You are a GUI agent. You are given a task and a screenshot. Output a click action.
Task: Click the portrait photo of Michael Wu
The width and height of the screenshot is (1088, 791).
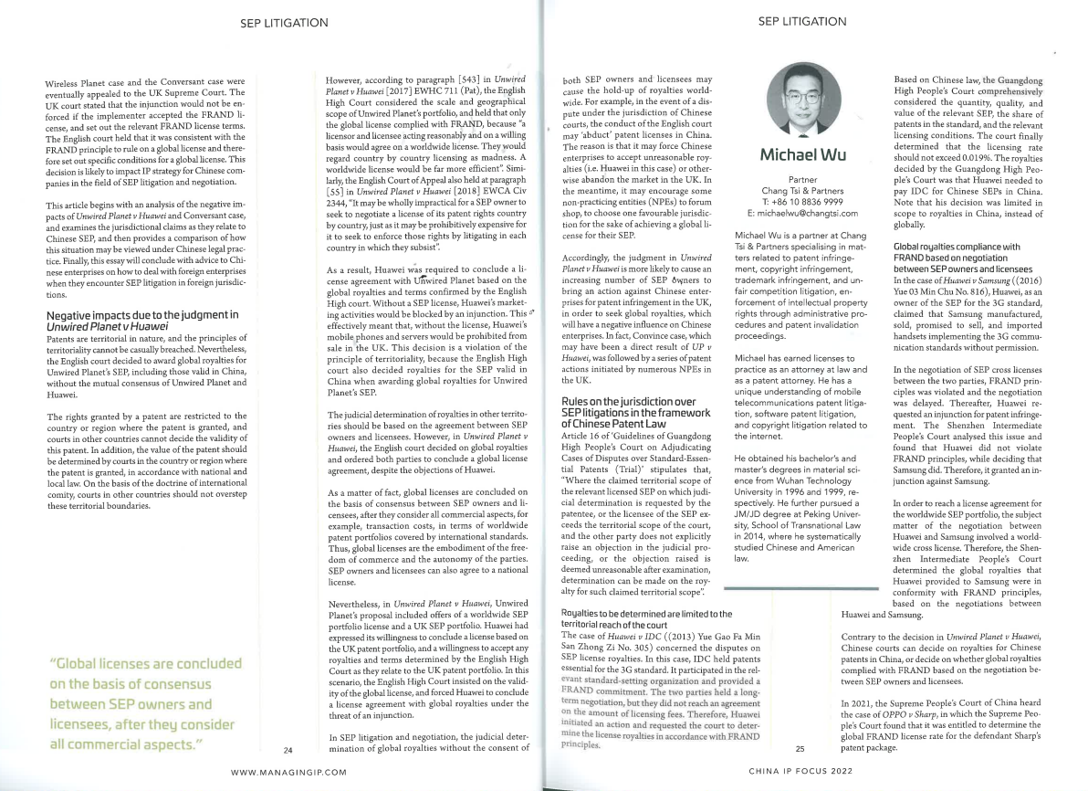click(803, 98)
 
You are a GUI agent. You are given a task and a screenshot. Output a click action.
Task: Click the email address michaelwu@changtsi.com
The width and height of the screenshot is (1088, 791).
click(801, 212)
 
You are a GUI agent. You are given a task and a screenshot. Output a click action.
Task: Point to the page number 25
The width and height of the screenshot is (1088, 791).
click(799, 749)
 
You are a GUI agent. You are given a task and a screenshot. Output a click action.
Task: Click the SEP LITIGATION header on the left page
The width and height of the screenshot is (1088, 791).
click(284, 22)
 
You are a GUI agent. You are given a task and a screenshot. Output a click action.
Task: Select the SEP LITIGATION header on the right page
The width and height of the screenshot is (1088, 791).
click(802, 21)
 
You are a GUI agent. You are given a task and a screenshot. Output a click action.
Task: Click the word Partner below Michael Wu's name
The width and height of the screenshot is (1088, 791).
click(801, 180)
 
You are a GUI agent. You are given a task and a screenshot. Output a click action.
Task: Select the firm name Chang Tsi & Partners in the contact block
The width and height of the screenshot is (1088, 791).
click(801, 190)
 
